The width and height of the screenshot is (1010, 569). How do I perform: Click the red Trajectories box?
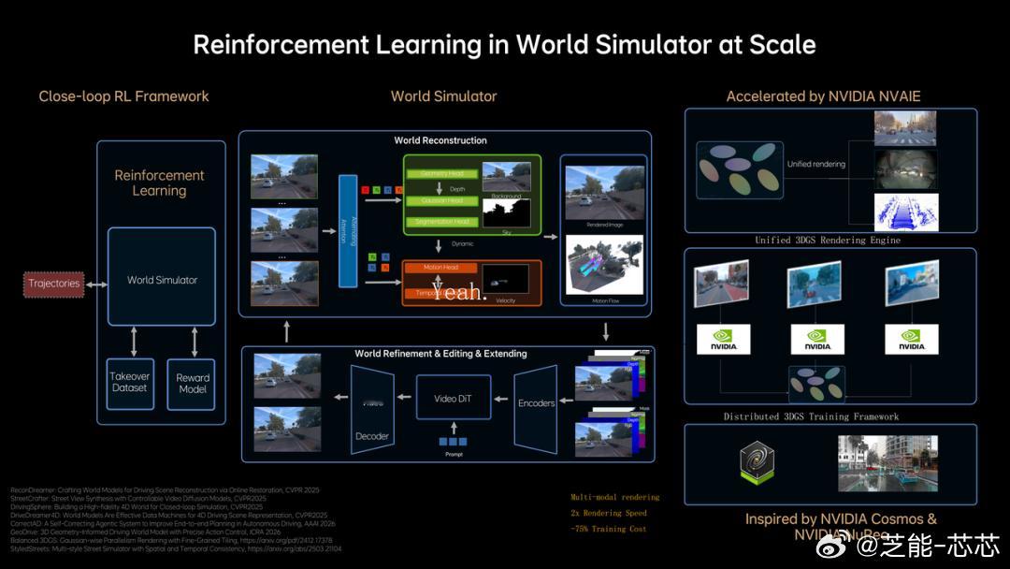coord(54,284)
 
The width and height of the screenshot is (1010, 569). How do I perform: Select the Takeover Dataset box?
coord(129,383)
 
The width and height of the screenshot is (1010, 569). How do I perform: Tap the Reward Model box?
coord(192,383)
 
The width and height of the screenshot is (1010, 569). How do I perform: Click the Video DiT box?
coord(453,399)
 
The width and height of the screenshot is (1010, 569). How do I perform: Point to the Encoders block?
coord(536,402)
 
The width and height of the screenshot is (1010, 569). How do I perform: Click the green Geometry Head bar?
coord(441,174)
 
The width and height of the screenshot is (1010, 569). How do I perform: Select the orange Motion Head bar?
coord(441,268)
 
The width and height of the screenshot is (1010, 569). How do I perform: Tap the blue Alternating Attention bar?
coord(348,230)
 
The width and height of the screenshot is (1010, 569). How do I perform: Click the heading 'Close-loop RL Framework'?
coord(123,96)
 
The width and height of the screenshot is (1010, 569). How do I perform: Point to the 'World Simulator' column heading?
coord(443,96)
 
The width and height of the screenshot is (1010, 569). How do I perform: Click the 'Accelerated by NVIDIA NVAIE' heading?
coord(824,96)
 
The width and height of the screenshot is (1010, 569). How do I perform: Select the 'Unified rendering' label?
coord(815,165)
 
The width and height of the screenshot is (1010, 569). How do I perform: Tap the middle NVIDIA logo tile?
coord(817,340)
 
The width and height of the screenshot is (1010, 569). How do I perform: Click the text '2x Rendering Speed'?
coord(609,513)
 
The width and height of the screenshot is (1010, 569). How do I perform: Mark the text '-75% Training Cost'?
coord(608,529)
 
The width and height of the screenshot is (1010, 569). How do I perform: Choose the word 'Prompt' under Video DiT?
coord(453,455)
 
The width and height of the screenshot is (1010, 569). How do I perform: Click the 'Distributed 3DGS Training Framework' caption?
coord(811,416)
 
